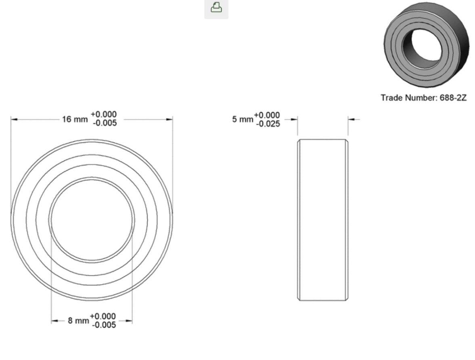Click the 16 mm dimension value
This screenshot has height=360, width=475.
coord(75,119)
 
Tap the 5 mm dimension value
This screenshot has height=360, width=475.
coord(242,120)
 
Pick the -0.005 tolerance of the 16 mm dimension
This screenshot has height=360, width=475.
coord(105,123)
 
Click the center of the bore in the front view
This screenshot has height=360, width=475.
coord(92,220)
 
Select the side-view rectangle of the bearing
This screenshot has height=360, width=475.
coord(323,220)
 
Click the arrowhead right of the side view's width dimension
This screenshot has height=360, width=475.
coord(351,119)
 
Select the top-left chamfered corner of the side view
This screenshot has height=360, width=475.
coord(299,141)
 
